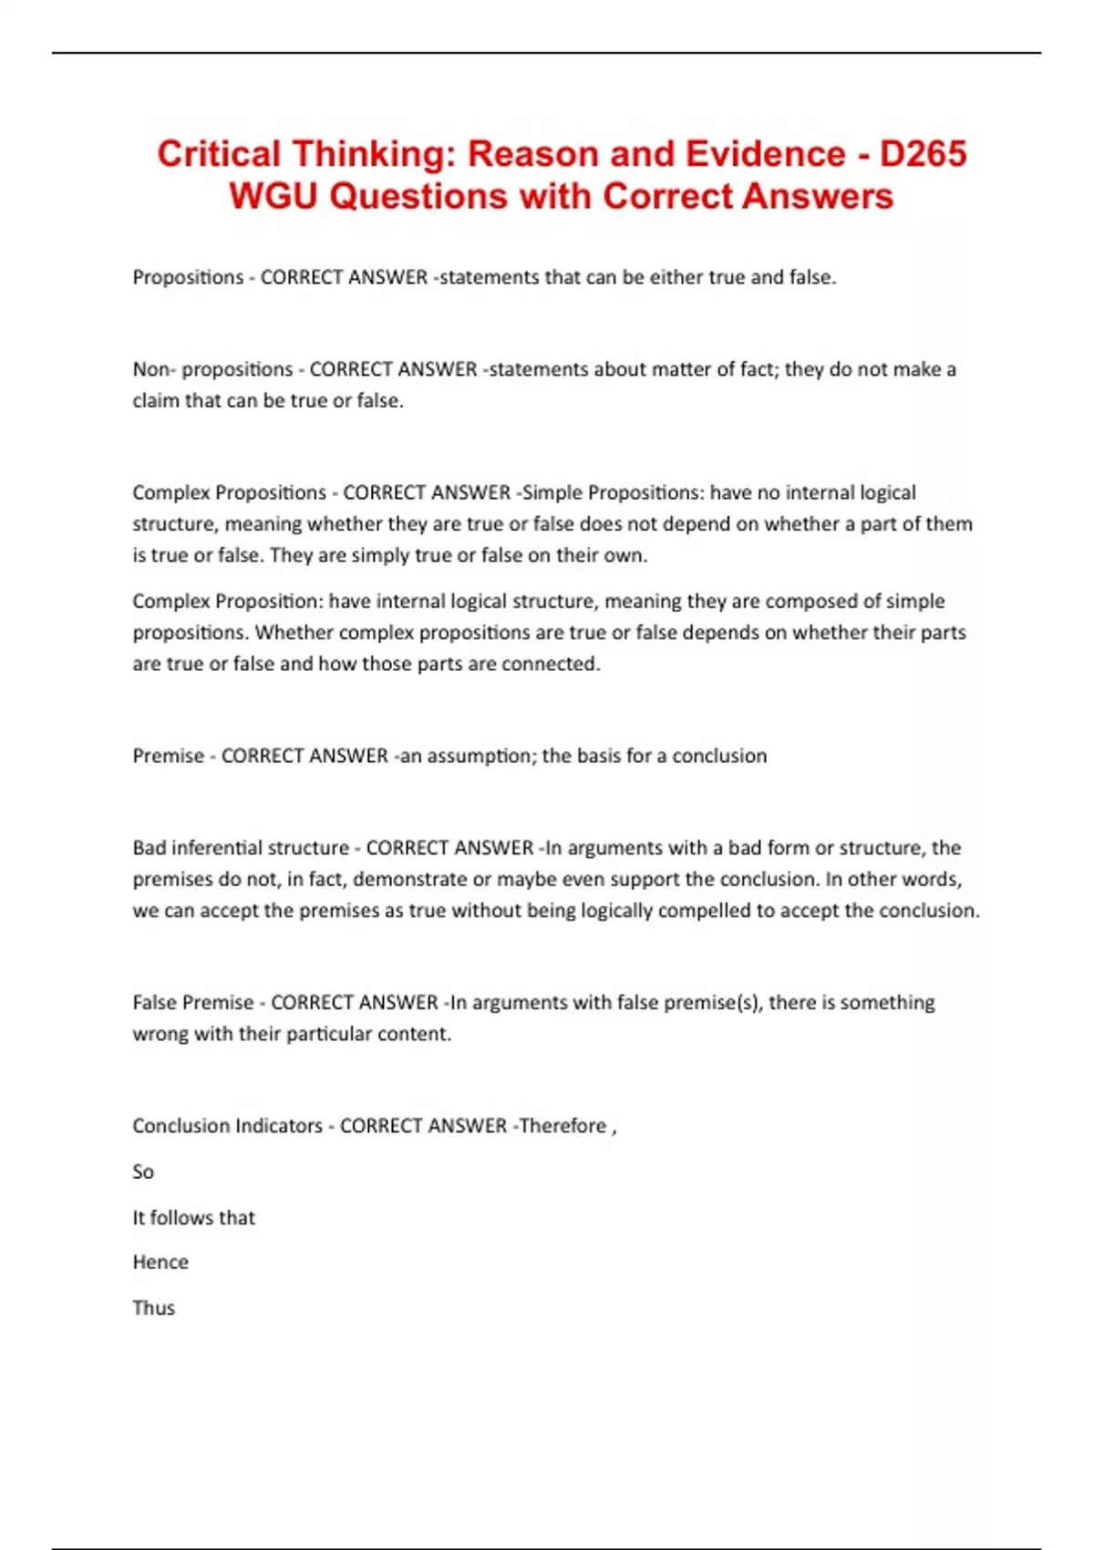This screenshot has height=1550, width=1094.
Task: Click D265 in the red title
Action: pyautogui.click(x=922, y=154)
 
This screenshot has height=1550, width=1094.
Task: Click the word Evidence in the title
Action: pyautogui.click(x=765, y=154)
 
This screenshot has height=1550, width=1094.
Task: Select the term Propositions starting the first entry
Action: pyautogui.click(x=188, y=277)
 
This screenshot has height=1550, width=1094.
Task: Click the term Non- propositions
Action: pyautogui.click(x=212, y=369)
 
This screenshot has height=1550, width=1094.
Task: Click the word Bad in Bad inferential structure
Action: pyautogui.click(x=150, y=848)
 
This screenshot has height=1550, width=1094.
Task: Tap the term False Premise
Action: pyautogui.click(x=193, y=1003)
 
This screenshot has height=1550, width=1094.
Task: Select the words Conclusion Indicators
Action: pyautogui.click(x=227, y=1126)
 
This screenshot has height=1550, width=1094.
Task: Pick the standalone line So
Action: pyautogui.click(x=143, y=1172)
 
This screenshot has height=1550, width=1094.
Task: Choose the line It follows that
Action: pyautogui.click(x=193, y=1217)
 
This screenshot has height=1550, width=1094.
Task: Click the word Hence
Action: pyautogui.click(x=160, y=1262)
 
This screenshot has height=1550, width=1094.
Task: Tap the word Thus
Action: pyautogui.click(x=153, y=1307)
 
